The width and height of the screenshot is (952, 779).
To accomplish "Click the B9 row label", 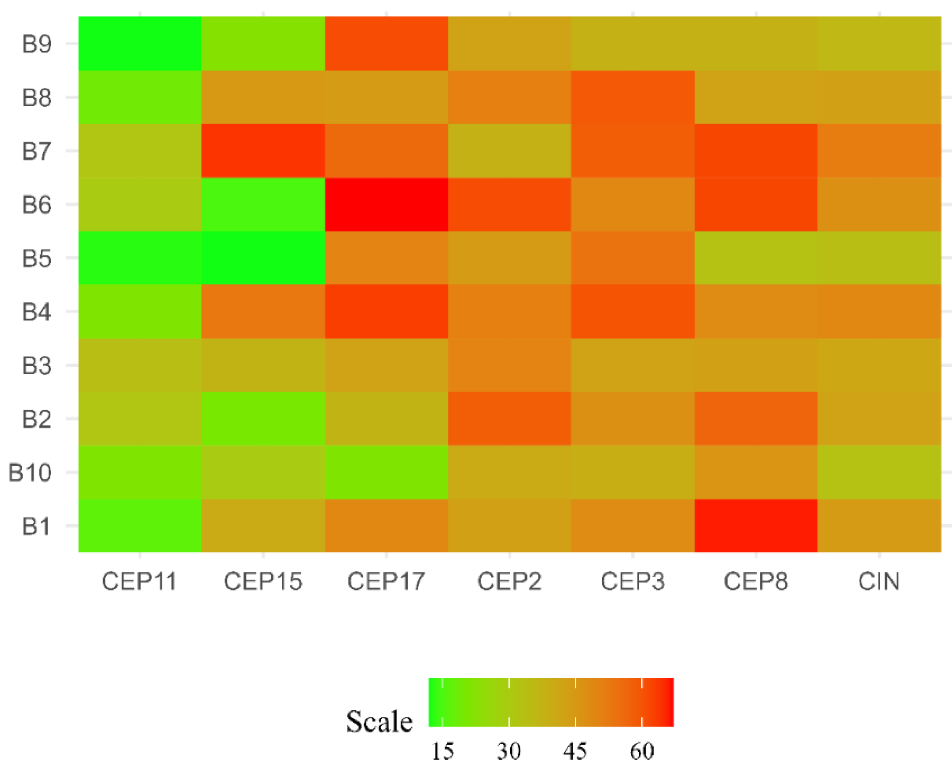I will [37, 44].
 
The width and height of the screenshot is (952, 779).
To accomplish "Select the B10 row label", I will [30, 473].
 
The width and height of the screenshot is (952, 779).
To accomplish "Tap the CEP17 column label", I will [386, 581].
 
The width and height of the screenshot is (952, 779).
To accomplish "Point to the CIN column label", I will [879, 581].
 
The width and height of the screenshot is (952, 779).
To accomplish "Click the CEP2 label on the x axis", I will [509, 581].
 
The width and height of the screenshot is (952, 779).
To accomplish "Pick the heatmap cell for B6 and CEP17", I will [386, 205].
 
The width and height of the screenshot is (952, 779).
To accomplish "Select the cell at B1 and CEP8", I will [756, 526].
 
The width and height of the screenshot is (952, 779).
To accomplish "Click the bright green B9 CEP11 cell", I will [140, 44].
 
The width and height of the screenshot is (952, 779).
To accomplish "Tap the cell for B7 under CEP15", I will [263, 151].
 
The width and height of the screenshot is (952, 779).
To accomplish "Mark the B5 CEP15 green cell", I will [263, 258].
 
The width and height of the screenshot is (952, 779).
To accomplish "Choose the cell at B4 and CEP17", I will [386, 311].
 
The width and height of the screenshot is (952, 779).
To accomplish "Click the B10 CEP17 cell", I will [386, 473].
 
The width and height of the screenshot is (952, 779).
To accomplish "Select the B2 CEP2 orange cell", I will [509, 419].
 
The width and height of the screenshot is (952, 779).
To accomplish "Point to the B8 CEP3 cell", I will [633, 97].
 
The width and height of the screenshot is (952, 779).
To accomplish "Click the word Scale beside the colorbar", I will [379, 722].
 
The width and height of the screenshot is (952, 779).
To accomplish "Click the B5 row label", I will [37, 258].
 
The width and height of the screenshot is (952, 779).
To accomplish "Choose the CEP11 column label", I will [140, 581].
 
